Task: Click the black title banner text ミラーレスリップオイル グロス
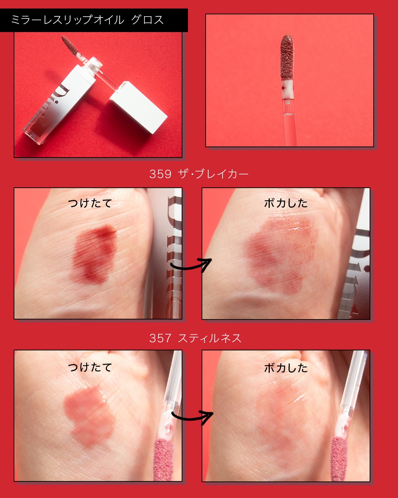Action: (x=87, y=20)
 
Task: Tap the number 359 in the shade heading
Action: (x=160, y=174)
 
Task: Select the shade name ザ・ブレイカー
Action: (x=213, y=174)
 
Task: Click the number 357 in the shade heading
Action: (x=160, y=338)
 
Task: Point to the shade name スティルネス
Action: (x=210, y=338)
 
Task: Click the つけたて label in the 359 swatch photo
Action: (x=90, y=203)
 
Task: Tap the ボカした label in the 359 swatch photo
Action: (x=286, y=203)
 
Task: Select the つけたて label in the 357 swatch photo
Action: (x=90, y=367)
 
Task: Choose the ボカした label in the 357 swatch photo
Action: (x=286, y=368)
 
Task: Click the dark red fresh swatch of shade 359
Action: (x=94, y=253)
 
